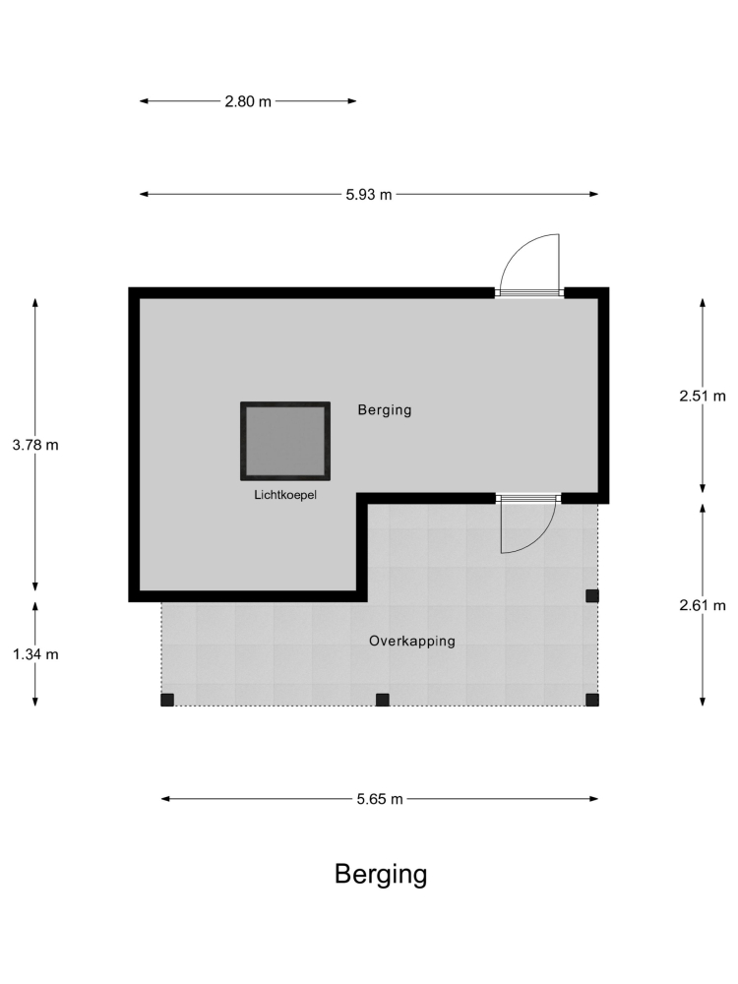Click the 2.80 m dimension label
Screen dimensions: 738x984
coord(248,101)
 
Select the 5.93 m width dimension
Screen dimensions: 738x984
coord(368,195)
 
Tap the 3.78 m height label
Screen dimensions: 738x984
coord(35,445)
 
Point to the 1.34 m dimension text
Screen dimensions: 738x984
coord(35,654)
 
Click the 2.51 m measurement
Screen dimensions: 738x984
coord(703,396)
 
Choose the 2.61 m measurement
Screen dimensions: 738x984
coord(703,605)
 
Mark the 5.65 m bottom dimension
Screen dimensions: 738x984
coord(380,799)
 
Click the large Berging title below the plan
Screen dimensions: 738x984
coord(381,874)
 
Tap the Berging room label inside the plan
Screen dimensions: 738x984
coord(385,409)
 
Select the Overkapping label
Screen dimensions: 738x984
coord(411,641)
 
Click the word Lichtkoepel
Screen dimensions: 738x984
coord(285,495)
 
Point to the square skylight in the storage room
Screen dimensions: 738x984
coord(285,441)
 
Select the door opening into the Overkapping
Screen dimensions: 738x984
coord(528,524)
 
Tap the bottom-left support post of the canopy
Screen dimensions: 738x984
coord(167,700)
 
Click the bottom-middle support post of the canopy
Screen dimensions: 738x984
coord(382,700)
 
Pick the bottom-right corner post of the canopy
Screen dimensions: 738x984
coord(592,700)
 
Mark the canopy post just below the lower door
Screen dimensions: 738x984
coord(592,595)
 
